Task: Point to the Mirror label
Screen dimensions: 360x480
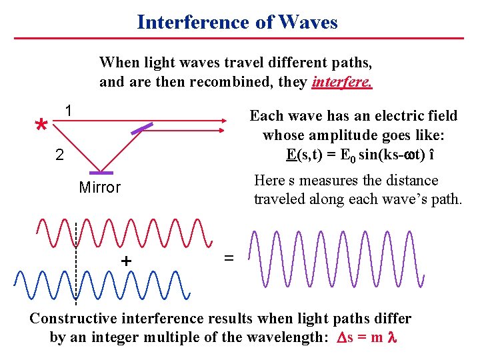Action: point(99,187)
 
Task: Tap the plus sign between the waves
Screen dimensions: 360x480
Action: point(125,261)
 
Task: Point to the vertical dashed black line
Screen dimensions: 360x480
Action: point(77,267)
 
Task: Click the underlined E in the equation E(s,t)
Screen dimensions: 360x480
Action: point(291,155)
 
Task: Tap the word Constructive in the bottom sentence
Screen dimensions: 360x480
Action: point(73,319)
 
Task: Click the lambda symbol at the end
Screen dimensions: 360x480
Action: point(392,337)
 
